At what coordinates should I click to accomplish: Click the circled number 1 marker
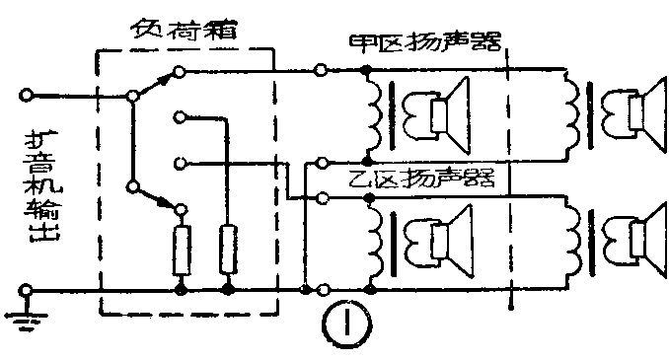tap(337, 323)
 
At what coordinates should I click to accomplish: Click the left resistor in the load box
tap(181, 250)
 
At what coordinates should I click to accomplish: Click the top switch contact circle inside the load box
tap(177, 71)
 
